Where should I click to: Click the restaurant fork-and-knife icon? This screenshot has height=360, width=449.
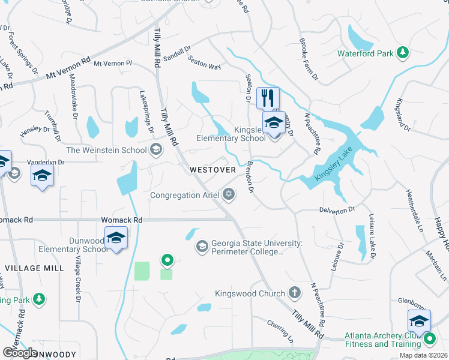tap(268, 97)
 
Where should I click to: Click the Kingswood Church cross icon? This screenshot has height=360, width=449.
tap(294, 293)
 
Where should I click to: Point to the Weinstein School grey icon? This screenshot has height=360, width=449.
tap(157, 150)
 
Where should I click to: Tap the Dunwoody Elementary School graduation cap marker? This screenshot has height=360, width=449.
tap(116, 238)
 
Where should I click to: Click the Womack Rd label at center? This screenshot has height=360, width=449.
tap(122, 220)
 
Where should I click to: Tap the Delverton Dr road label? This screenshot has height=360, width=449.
tap(337, 209)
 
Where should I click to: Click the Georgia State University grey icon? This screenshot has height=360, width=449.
tap(202, 247)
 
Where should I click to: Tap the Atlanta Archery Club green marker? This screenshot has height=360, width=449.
tap(429, 340)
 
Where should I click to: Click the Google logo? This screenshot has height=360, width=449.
tap(19, 353)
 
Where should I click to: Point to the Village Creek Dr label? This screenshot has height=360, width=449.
tap(78, 280)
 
